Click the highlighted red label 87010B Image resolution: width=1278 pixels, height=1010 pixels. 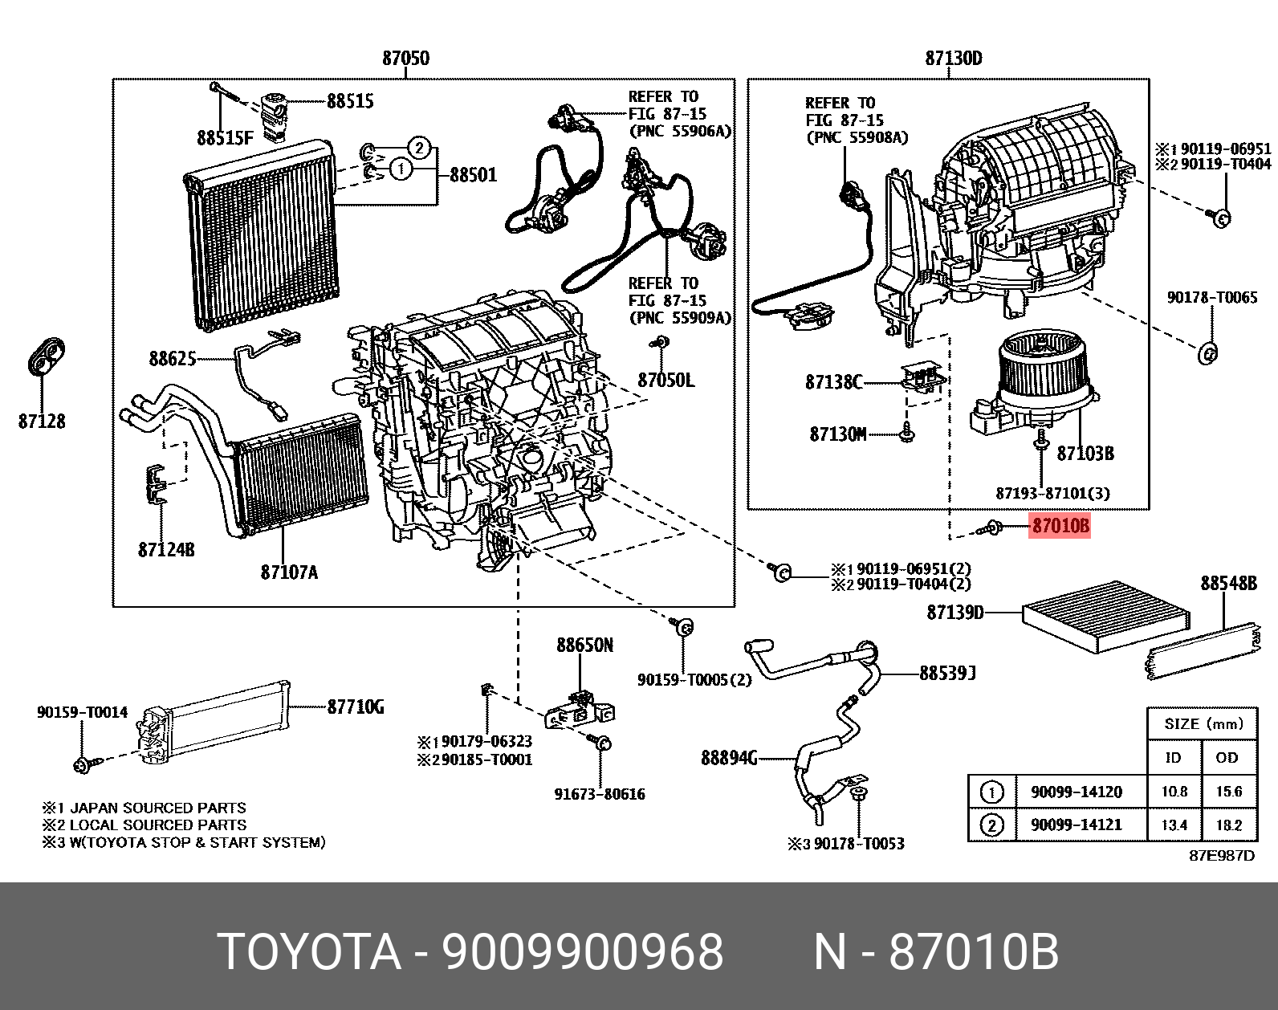pos(1060,526)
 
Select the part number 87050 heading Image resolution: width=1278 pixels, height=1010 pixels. pos(405,58)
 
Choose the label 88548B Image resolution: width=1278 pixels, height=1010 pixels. pos(1228,583)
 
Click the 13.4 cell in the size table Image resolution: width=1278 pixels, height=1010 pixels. pos(1174,825)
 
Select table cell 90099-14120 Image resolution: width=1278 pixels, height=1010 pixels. pos(1076,792)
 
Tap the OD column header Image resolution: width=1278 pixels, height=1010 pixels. pos(1227,757)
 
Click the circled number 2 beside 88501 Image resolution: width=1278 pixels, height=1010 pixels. pos(418,148)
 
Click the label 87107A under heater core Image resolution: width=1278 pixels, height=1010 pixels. pos(289,572)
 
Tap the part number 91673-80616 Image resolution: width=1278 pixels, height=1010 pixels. pos(599,794)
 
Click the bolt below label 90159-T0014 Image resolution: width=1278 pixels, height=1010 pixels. pos(83,764)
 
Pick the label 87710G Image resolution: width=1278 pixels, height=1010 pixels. pos(356,707)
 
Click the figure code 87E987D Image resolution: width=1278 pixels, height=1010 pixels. pos(1221,855)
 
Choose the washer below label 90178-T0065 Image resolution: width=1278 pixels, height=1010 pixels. pos(1207,352)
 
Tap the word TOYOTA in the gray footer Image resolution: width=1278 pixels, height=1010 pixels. pos(309,952)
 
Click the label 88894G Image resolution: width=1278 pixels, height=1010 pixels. pos(729,757)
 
